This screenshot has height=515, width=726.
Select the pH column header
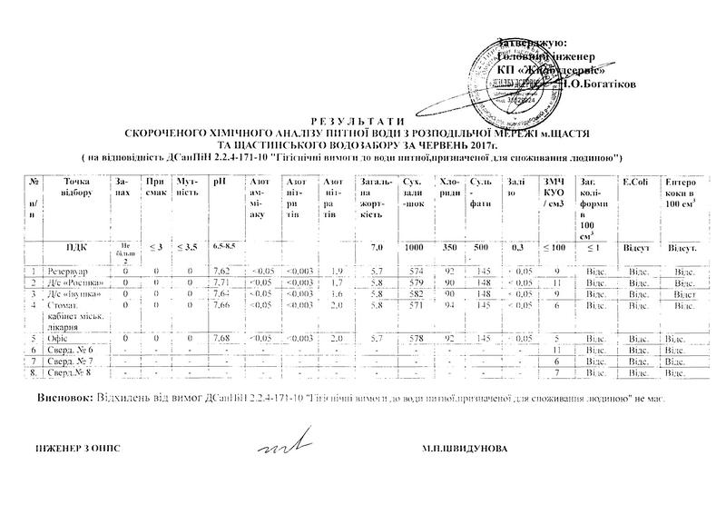tap(218, 183)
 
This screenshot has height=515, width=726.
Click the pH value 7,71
tap(221, 282)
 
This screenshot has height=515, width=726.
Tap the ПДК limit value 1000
tap(414, 247)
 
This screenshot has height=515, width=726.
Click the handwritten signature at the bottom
tap(276, 448)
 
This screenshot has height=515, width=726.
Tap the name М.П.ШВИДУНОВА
tap(465, 449)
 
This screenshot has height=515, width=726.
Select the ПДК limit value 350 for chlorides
tap(448, 247)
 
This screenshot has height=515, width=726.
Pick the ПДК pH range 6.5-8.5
tap(224, 247)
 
